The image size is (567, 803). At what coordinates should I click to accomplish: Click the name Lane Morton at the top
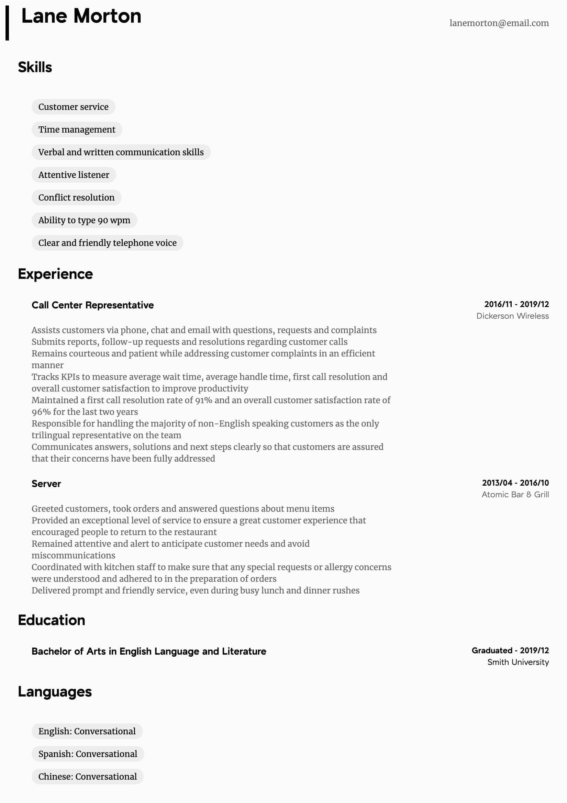click(x=81, y=16)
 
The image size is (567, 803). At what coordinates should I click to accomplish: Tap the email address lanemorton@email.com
click(x=499, y=23)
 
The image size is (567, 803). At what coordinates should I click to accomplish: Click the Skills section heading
click(x=35, y=67)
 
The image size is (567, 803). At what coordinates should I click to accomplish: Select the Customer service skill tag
click(x=74, y=107)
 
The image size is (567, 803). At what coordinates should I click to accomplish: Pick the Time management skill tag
click(x=77, y=129)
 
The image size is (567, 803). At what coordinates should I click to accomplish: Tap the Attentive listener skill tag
click(x=74, y=175)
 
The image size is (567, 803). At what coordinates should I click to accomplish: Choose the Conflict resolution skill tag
click(x=76, y=197)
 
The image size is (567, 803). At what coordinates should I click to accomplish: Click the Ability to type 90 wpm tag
click(x=84, y=220)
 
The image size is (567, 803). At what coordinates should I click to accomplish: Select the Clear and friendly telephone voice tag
click(x=108, y=243)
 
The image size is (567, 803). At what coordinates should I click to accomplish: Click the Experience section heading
click(x=55, y=274)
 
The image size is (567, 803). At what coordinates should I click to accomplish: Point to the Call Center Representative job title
click(x=93, y=305)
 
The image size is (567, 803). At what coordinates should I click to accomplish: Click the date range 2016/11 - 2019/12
click(x=516, y=304)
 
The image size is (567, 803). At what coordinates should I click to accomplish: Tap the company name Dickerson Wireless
click(x=512, y=316)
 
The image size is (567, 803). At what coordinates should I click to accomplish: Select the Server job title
click(x=46, y=484)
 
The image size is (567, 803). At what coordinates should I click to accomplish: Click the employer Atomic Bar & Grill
click(x=515, y=495)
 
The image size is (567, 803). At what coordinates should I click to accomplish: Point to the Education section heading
click(x=52, y=620)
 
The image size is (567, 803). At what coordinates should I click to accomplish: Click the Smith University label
click(x=518, y=662)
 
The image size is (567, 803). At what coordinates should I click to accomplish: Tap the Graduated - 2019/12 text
click(x=510, y=651)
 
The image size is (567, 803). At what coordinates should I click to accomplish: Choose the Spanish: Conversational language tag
click(x=88, y=754)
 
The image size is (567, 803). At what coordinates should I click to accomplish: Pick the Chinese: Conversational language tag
click(x=88, y=777)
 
